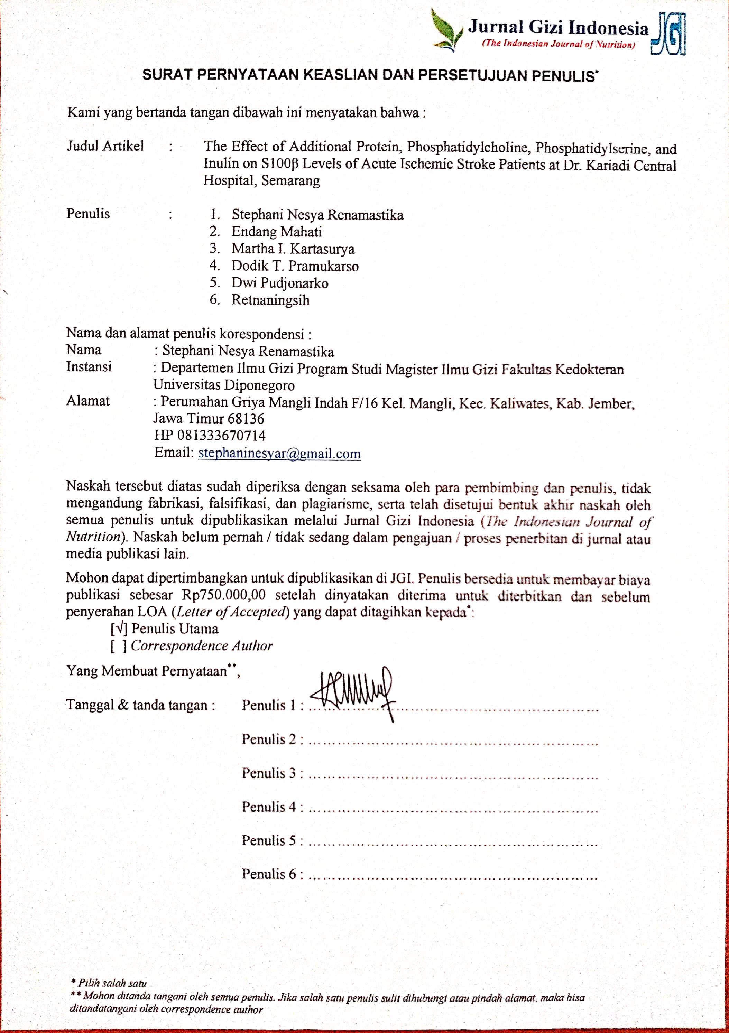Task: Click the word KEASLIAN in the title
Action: [341, 75]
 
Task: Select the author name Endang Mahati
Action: [276, 232]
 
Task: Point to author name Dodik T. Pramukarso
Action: [295, 266]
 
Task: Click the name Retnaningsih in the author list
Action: [270, 300]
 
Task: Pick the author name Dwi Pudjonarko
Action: [279, 283]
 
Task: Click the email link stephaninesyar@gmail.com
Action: [279, 453]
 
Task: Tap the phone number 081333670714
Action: [221, 436]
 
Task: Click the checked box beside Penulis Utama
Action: [119, 629]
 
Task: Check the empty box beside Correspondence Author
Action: [119, 646]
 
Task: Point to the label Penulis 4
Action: [269, 807]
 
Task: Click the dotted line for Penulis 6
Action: [452, 876]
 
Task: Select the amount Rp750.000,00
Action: [224, 595]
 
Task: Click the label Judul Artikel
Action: [105, 146]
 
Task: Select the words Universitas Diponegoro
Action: [224, 385]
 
